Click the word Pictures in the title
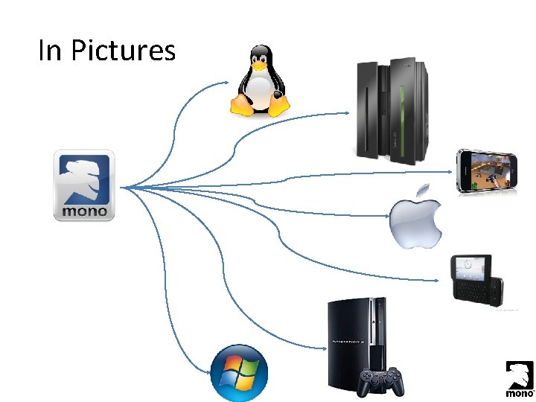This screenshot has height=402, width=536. (x=124, y=51)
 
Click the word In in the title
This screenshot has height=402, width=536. (x=49, y=51)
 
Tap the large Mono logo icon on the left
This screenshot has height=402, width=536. (x=84, y=185)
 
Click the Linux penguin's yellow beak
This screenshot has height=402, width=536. (x=259, y=66)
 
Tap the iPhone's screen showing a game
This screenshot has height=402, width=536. (x=488, y=171)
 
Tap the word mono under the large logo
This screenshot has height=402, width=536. (x=84, y=211)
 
